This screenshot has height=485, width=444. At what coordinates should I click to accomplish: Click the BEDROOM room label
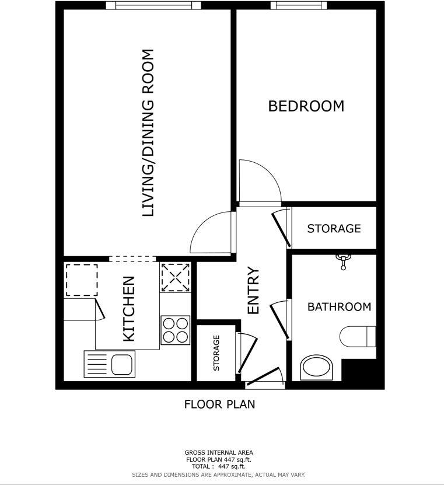tap(306, 106)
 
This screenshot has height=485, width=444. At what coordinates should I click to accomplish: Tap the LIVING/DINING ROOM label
tap(149, 133)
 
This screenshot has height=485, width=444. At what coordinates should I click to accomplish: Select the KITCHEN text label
tap(128, 308)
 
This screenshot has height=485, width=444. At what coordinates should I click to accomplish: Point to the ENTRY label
tap(253, 291)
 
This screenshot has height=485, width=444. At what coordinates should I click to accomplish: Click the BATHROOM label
tap(339, 307)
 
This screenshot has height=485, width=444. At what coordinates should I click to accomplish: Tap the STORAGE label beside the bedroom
tap(334, 228)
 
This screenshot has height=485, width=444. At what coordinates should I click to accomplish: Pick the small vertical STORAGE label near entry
tap(216, 353)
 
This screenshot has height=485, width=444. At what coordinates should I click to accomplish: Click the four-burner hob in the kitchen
tap(175, 330)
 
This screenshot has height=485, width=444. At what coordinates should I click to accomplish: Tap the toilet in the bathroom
tap(357, 336)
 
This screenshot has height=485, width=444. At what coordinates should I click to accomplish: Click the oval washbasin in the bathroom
tap(316, 368)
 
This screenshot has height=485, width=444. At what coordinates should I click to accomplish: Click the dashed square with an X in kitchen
tap(175, 277)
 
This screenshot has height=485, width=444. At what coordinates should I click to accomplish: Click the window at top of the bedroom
tap(298, 6)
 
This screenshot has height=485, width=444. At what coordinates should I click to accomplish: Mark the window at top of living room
tap(153, 6)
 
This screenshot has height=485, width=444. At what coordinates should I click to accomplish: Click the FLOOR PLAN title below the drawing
tap(219, 404)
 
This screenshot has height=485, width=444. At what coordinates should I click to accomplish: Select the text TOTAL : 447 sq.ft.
tap(219, 466)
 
